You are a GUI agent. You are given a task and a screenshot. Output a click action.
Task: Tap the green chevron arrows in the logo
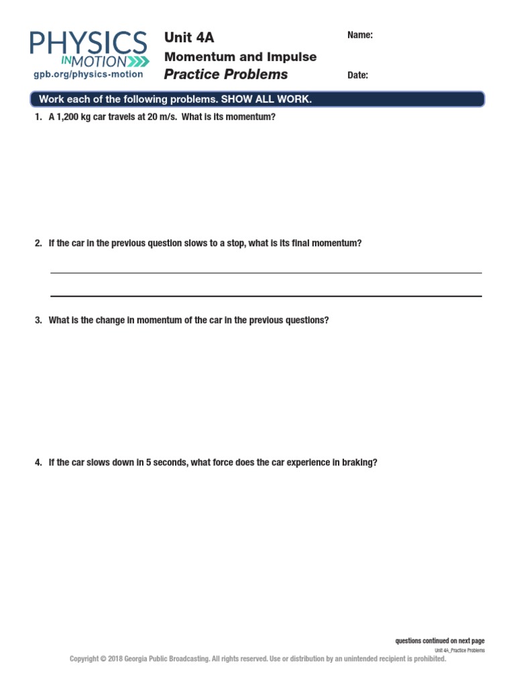137,62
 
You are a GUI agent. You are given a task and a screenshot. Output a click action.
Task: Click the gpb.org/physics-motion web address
88,74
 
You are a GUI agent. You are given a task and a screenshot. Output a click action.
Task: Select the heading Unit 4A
189,38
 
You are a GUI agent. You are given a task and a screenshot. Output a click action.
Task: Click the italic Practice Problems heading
226,74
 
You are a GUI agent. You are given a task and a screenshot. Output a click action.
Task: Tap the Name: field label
360,36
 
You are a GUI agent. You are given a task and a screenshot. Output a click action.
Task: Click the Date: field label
357,75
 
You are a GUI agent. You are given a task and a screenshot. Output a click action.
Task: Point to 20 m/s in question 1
160,117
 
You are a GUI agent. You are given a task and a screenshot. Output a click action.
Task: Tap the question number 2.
38,244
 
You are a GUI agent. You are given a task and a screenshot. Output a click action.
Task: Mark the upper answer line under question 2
266,273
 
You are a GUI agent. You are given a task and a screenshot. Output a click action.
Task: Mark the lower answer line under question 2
266,296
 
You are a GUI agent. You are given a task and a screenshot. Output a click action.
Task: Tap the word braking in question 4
361,462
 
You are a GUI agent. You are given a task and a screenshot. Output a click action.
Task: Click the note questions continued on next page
439,641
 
